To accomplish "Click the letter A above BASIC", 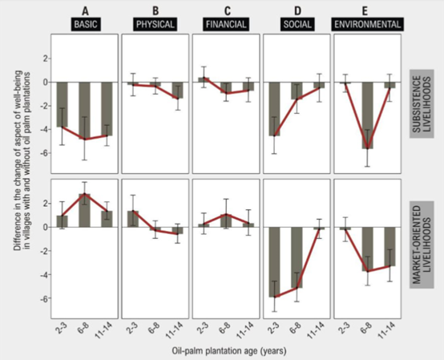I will [x=84, y=10].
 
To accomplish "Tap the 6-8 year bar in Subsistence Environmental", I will [x=367, y=115].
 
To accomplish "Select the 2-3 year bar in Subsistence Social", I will [x=274, y=108].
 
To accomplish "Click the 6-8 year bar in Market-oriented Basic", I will [x=84, y=211].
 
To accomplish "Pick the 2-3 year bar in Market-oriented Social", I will [x=274, y=262].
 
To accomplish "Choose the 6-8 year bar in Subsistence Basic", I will [x=84, y=110].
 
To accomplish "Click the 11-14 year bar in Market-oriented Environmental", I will [x=390, y=246].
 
